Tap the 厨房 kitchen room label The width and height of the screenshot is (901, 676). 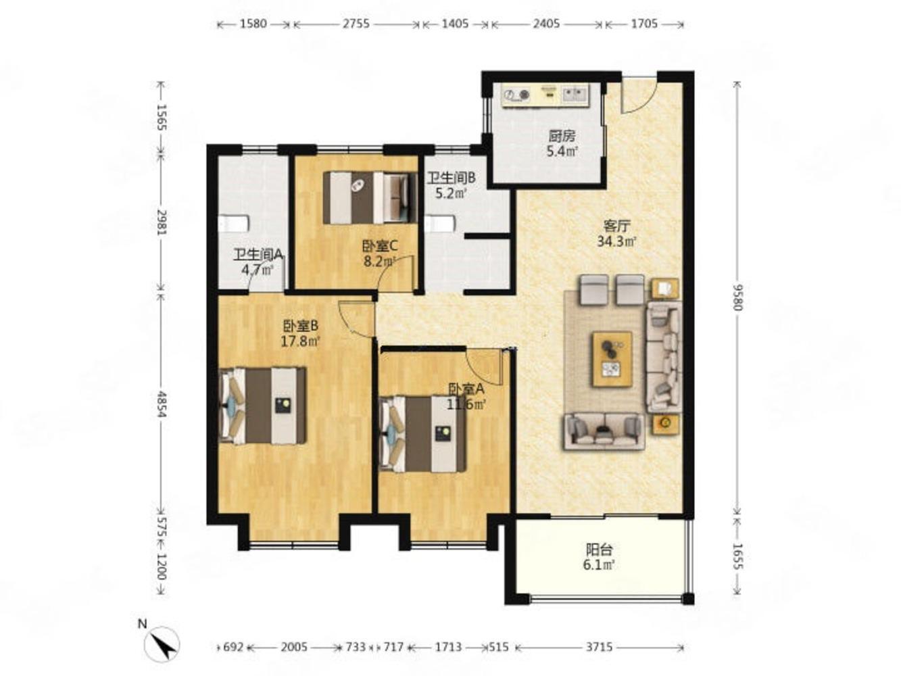[562, 135]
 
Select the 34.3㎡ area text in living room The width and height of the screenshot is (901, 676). [616, 242]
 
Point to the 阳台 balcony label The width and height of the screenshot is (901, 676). [599, 549]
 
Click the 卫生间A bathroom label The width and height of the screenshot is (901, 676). [258, 255]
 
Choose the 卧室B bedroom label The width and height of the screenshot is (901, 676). [301, 326]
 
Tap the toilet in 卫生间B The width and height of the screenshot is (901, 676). [440, 224]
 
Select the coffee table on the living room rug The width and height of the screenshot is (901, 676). [612, 359]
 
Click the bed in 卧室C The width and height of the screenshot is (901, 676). [370, 197]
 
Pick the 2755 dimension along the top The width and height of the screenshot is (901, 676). [356, 24]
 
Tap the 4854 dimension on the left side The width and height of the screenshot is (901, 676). [162, 404]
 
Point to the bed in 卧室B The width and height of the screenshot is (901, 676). [263, 405]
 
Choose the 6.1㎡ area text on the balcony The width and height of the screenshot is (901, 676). [598, 564]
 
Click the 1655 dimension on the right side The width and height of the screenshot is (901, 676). [737, 556]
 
